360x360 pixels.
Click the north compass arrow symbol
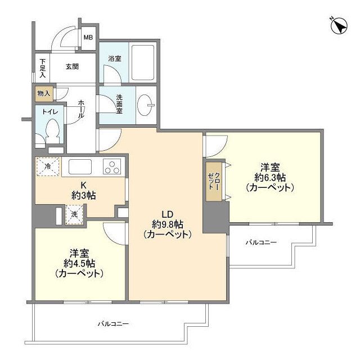(x=340, y=26)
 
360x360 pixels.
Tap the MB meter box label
(x=88, y=38)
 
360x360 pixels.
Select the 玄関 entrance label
(x=71, y=66)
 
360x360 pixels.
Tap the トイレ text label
(x=51, y=112)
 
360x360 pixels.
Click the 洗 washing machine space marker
(x=74, y=213)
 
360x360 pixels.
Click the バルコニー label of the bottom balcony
(x=113, y=325)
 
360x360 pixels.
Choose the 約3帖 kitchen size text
(x=83, y=195)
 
